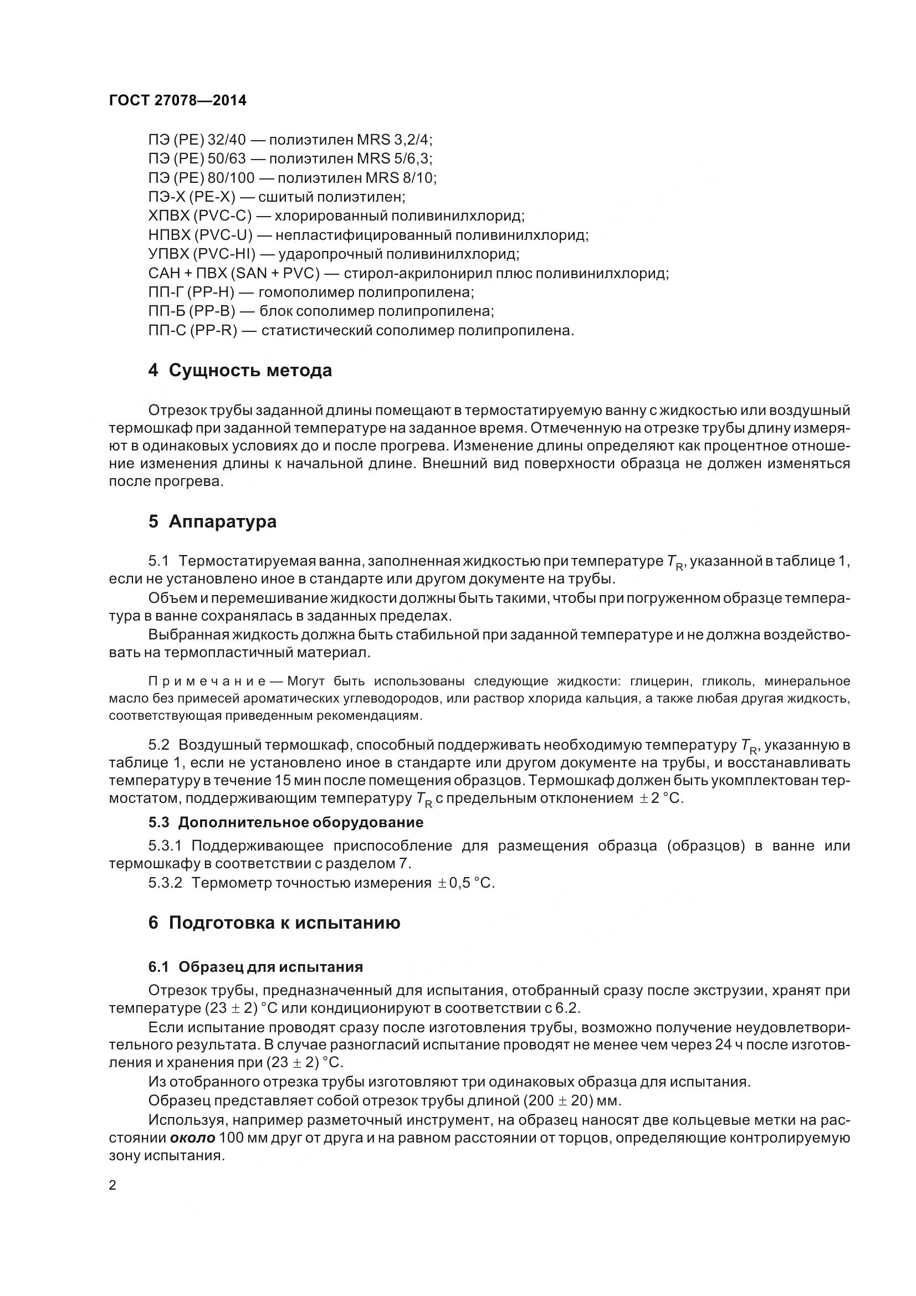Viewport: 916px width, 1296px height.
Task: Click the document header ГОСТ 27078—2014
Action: pyautogui.click(x=177, y=100)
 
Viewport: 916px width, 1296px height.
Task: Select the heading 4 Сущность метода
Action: pyautogui.click(x=240, y=371)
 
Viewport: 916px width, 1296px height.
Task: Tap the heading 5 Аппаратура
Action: pyautogui.click(x=212, y=521)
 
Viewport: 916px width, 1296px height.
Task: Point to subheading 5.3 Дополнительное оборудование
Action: pyautogui.click(x=285, y=822)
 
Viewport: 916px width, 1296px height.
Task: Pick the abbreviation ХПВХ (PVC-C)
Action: pyautogui.click(x=200, y=216)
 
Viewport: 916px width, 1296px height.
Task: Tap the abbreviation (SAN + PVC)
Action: pyautogui.click(x=275, y=274)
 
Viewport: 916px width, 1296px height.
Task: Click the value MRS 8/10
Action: pyautogui.click(x=400, y=178)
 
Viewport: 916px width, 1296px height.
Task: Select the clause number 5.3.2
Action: pyautogui.click(x=165, y=883)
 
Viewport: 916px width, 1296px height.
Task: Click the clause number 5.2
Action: pyautogui.click(x=158, y=745)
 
